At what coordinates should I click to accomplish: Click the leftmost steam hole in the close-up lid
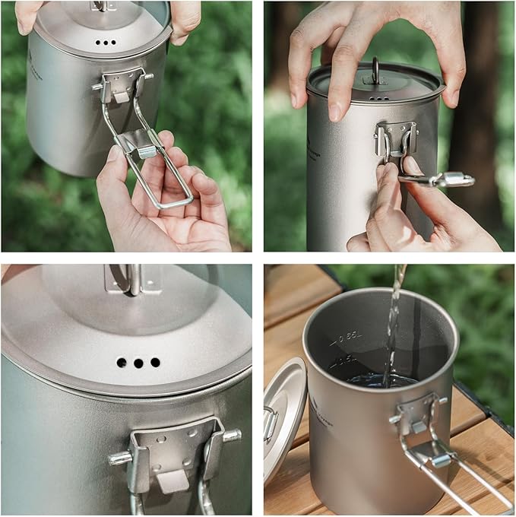pos(122,363)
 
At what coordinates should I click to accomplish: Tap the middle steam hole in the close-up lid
pos(138,363)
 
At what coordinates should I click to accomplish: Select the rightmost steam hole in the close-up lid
pos(155,362)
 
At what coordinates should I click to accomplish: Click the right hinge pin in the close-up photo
pos(231,436)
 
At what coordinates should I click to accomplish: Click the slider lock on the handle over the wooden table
pos(442,459)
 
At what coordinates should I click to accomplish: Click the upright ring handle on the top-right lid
pos(375,71)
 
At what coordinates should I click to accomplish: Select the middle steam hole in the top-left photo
pos(106,43)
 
